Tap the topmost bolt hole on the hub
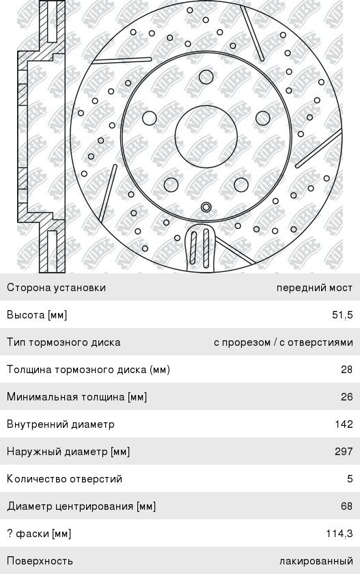click(x=206, y=77)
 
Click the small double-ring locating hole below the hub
click(x=206, y=207)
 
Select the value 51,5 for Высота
click(x=342, y=315)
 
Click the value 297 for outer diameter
click(x=344, y=452)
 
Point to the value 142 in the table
click(x=344, y=424)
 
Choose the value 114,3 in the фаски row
click(x=340, y=534)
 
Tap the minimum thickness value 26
click(x=347, y=397)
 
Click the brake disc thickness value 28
click(x=347, y=370)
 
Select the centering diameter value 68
click(x=347, y=506)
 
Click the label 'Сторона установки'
click(x=56, y=288)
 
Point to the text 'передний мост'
click(x=315, y=288)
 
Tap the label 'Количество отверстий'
click(x=64, y=479)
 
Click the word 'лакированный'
click(x=316, y=561)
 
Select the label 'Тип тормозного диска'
click(x=64, y=342)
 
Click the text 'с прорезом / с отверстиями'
click(x=283, y=342)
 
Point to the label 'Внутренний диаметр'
click(x=61, y=424)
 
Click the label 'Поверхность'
click(x=40, y=561)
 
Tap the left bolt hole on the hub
click(x=150, y=118)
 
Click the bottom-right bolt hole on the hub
click(x=241, y=185)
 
